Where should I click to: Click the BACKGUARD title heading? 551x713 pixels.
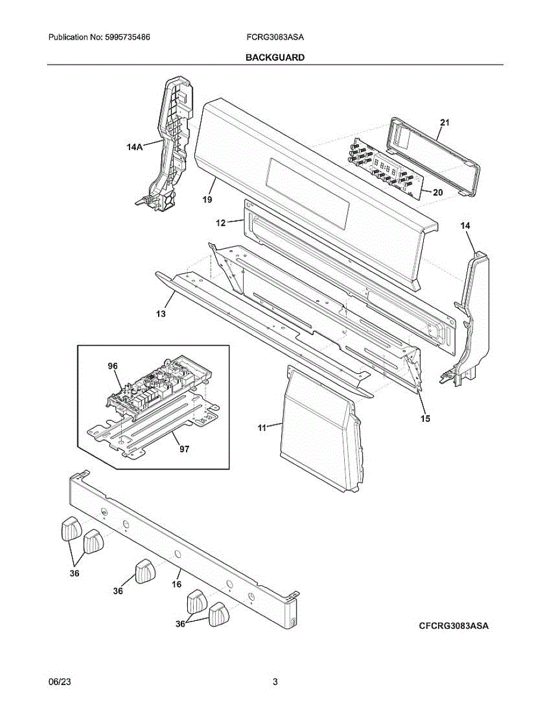(275, 58)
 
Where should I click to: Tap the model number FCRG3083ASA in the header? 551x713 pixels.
(275, 37)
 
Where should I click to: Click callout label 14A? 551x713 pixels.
(135, 147)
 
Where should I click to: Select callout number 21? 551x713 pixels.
(445, 123)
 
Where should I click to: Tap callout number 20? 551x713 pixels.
(437, 192)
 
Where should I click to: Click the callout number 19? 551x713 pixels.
(206, 200)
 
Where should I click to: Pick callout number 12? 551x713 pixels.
(221, 223)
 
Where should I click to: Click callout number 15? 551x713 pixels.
(425, 418)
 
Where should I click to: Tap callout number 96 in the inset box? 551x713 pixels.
(113, 367)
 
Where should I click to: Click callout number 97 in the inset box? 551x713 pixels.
(184, 449)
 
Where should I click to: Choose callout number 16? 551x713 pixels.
(177, 585)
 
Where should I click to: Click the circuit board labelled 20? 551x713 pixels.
(386, 169)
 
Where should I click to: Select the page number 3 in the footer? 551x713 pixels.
(275, 682)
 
